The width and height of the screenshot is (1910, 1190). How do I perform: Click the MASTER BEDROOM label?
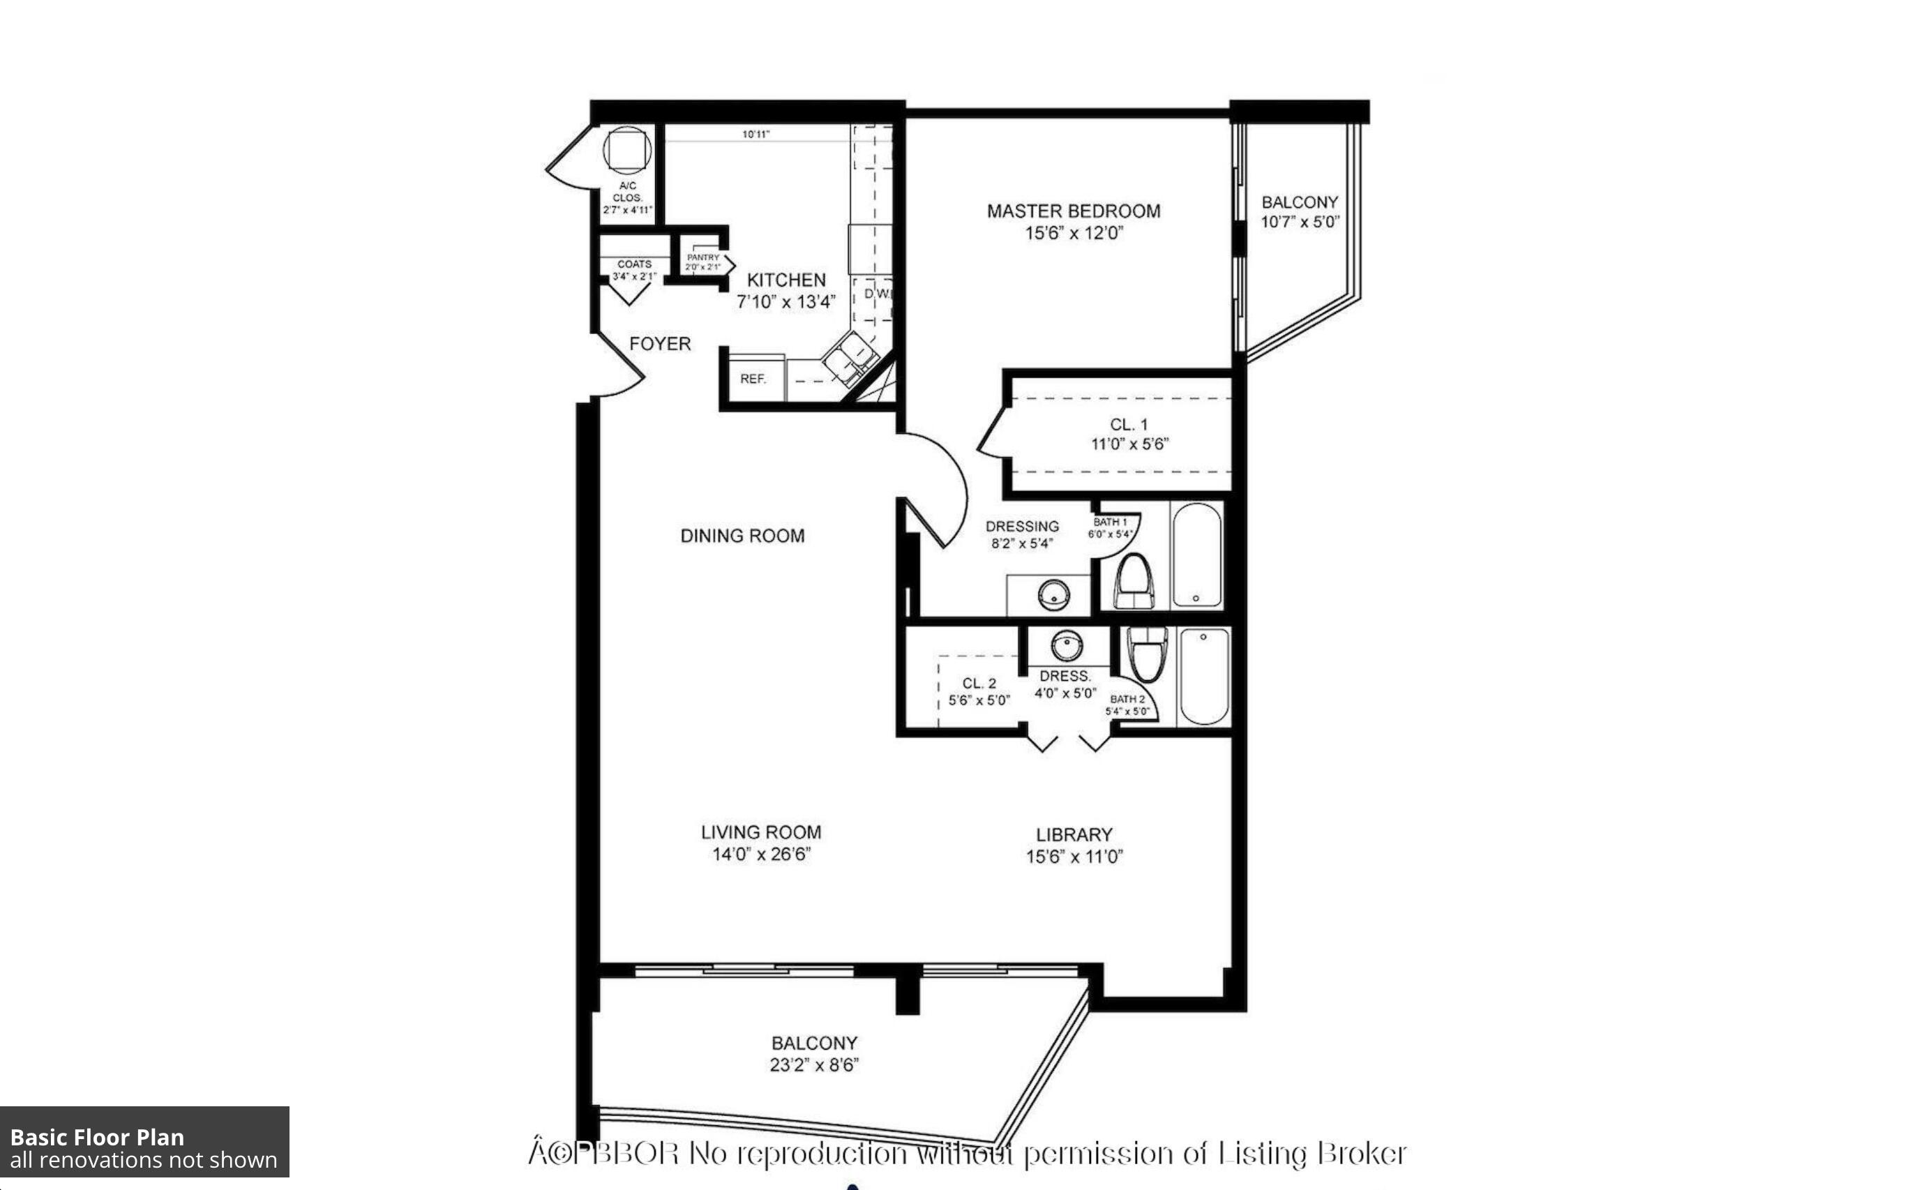1073,211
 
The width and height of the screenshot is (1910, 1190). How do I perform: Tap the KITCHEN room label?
785,280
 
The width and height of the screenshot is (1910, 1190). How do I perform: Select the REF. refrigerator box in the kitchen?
753,379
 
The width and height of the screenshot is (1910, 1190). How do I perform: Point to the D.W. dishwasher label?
878,294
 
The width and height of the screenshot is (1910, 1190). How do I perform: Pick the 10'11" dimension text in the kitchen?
755,135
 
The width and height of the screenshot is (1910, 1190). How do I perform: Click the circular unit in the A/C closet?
627,149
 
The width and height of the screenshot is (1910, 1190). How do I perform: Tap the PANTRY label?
702,257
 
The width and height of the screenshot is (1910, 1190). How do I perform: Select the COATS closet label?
633,264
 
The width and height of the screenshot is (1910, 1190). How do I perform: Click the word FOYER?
659,344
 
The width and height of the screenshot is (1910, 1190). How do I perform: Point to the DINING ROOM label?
742,536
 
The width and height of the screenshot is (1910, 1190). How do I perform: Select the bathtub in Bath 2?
1204,675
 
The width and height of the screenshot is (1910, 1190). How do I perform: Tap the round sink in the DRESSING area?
1053,594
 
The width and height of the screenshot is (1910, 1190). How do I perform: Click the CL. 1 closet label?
1129,425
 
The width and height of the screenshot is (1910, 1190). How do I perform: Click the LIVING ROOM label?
761,833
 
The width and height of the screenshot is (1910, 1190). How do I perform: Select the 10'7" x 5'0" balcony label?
1300,223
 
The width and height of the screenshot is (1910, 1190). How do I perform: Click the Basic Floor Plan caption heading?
97,1137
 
